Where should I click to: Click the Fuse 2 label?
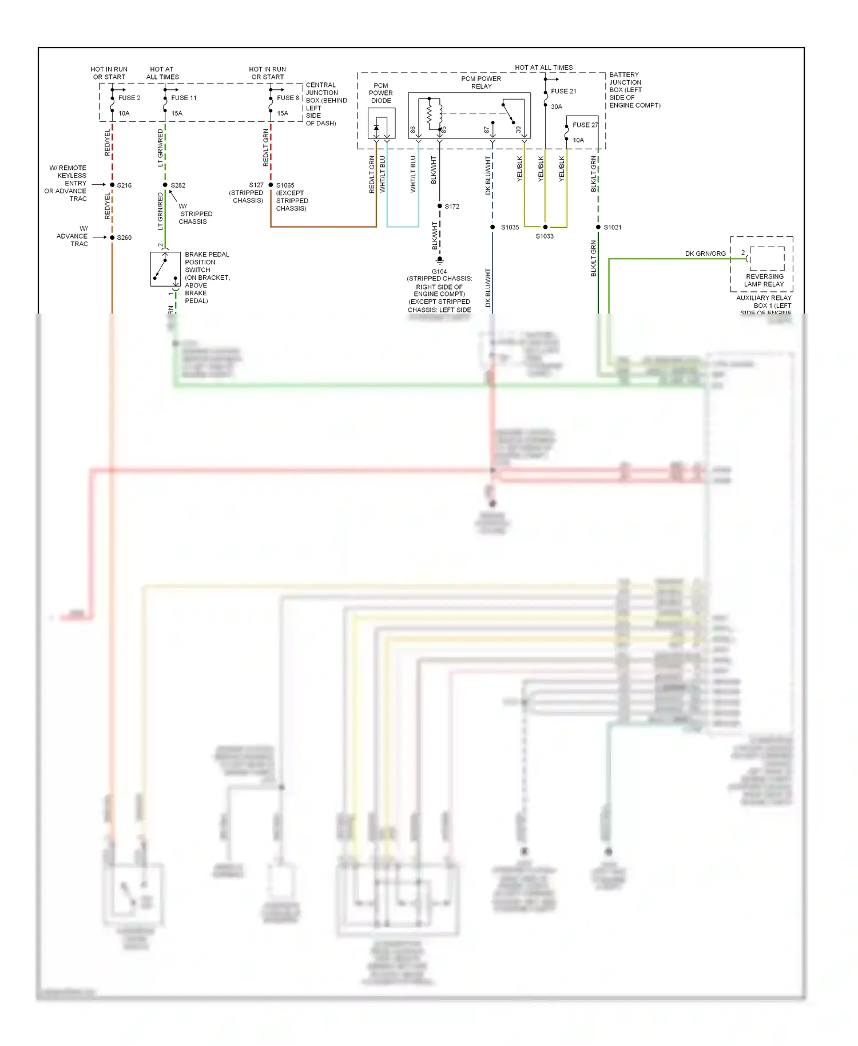pos(129,98)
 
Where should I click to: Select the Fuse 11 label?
pos(184,98)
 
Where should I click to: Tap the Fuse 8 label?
pos(288,98)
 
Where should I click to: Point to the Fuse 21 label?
pos(563,92)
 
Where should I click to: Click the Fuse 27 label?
pos(585,125)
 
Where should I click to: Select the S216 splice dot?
pos(112,185)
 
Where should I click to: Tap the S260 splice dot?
pos(112,237)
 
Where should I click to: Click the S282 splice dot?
pos(165,185)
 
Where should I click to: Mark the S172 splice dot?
pos(440,206)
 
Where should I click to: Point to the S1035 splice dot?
pos(492,227)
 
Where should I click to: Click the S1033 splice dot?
pos(545,227)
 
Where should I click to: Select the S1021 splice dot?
pos(598,227)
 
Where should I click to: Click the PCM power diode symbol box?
pos(382,124)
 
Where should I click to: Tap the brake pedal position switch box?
pos(165,269)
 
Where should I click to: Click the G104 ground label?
pos(439,272)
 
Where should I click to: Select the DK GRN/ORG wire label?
pos(705,253)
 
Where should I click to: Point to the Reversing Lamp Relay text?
pos(764,280)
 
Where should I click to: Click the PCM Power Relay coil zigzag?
pos(430,114)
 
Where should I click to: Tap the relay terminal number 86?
pos(413,130)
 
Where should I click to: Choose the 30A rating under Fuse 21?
pos(557,107)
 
